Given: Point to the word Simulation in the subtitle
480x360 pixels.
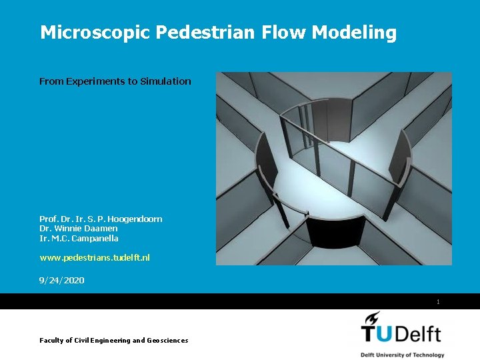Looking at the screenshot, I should click(x=165, y=81).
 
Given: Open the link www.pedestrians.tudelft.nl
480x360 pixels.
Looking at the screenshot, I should click(x=95, y=257).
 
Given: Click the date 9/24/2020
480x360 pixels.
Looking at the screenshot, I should click(x=62, y=280).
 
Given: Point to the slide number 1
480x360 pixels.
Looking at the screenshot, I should click(x=438, y=302).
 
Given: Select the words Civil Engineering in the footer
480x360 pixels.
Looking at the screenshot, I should click(x=100, y=340).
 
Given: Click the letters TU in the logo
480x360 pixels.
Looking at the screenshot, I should click(x=377, y=333).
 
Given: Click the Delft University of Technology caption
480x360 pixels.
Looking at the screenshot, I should click(x=402, y=355).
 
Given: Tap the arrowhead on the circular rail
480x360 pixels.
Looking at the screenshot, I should click(x=306, y=214).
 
